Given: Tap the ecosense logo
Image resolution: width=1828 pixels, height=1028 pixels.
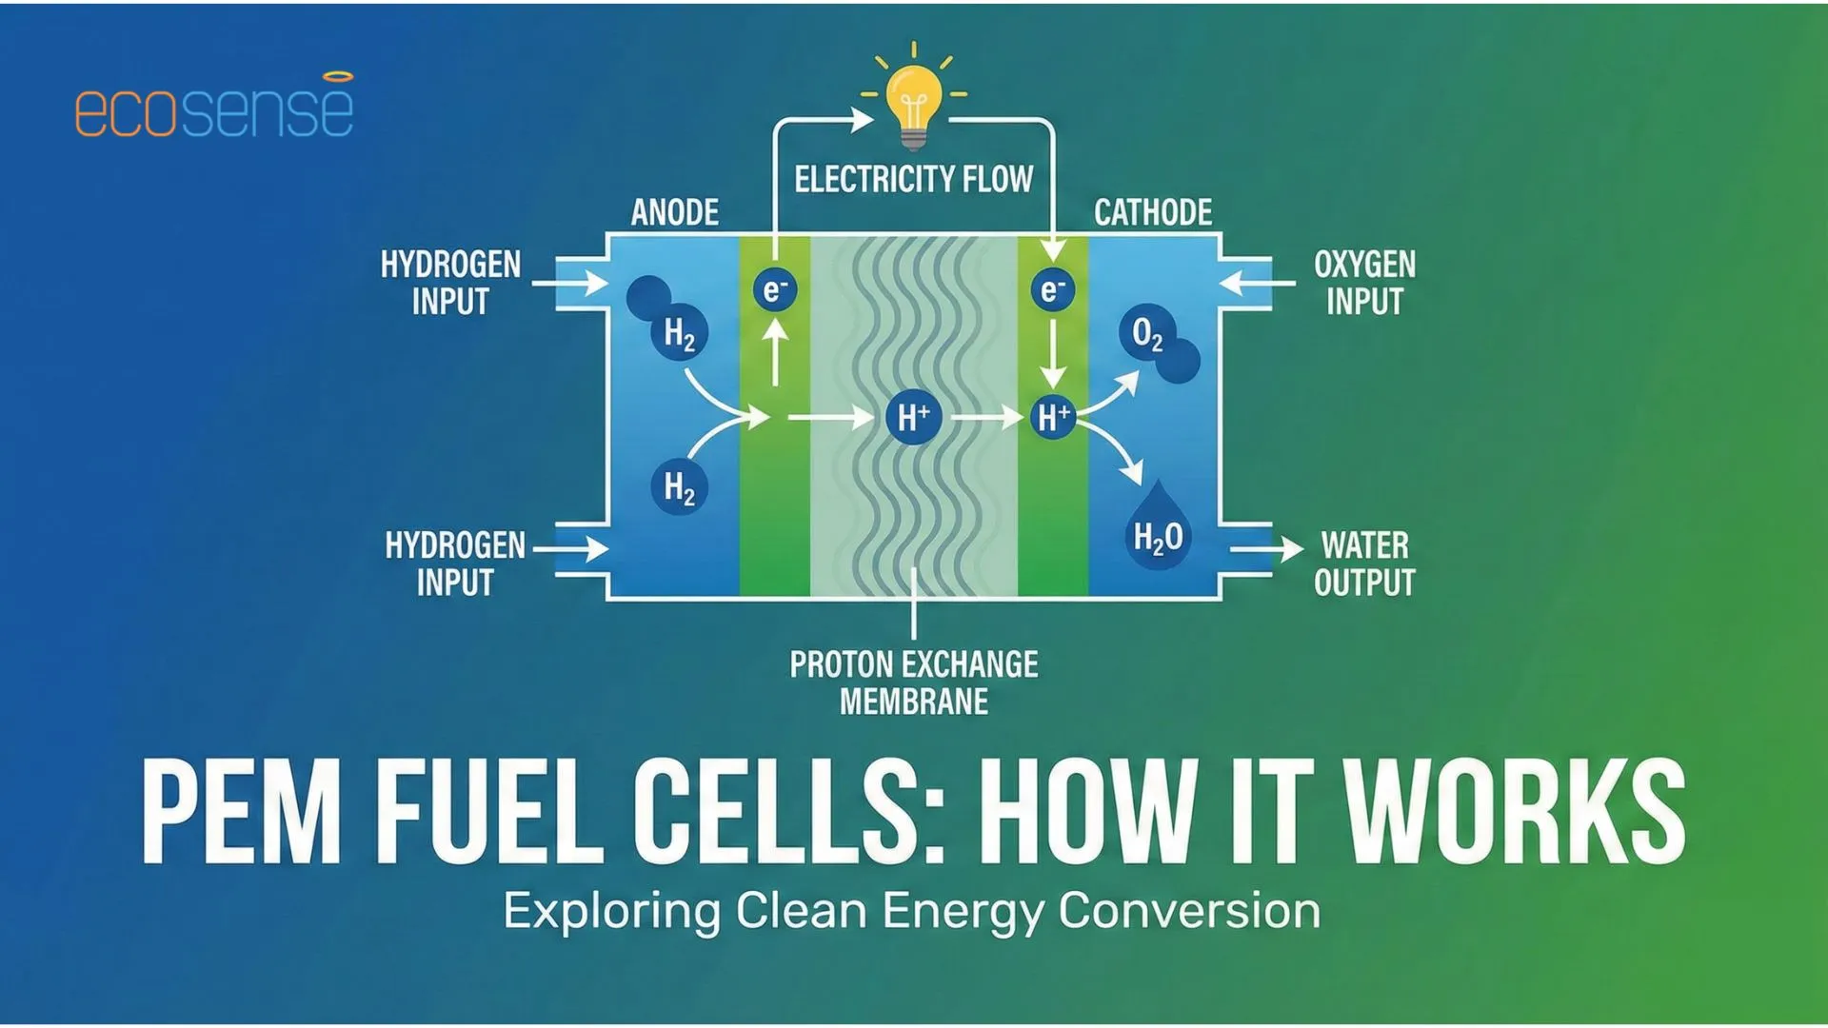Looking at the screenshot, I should point(214,107).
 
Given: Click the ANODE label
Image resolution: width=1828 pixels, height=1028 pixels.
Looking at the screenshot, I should point(674,212).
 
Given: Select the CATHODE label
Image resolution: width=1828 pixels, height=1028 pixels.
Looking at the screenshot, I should point(1152,212).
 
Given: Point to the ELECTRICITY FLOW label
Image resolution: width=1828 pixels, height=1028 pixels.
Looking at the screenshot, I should point(913,179).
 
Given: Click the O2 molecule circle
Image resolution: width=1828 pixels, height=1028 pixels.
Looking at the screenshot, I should point(1148,334).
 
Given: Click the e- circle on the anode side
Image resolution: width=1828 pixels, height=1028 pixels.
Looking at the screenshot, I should point(775,289).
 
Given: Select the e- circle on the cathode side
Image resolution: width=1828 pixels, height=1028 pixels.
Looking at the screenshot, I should point(1052,289).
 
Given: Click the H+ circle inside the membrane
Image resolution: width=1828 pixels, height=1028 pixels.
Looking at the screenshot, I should point(913,417).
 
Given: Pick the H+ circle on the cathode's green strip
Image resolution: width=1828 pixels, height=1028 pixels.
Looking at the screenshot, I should point(1053,417).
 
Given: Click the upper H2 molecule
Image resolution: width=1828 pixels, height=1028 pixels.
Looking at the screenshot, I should point(679,333).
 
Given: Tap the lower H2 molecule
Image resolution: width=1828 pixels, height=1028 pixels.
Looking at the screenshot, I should point(679,486).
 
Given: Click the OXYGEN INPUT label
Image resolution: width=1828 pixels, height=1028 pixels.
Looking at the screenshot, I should point(1364,283).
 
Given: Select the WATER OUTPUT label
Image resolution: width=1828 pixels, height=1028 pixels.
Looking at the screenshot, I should point(1364,563).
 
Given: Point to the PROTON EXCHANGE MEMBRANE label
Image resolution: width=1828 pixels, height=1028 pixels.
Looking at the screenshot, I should point(913,682).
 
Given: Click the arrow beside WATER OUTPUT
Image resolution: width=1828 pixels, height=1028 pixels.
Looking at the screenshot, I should point(1266,549).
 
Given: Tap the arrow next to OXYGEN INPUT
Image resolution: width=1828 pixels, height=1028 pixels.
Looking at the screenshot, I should point(1256,283).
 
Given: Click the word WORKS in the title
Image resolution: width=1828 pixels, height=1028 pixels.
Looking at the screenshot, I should point(1514,812).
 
